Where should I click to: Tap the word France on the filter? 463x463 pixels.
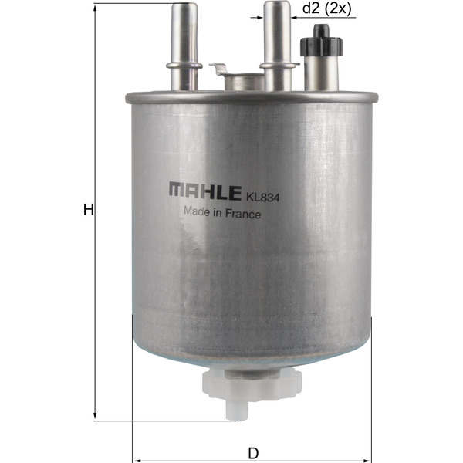click(242, 215)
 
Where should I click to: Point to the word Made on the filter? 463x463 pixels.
click(195, 215)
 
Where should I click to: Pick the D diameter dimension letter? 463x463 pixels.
click(252, 451)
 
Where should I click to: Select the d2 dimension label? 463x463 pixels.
click(311, 8)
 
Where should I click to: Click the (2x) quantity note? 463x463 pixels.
click(339, 8)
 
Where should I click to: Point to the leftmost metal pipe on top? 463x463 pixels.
click(184, 46)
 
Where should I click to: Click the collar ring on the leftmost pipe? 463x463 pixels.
click(184, 66)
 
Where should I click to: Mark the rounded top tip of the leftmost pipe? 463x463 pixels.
click(184, 7)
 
